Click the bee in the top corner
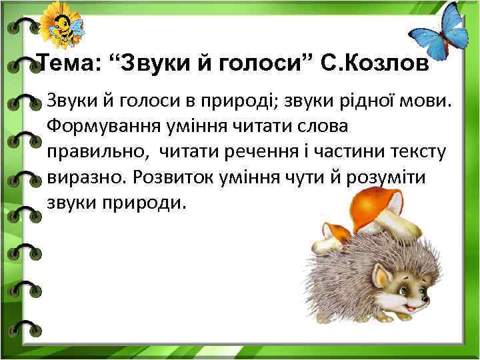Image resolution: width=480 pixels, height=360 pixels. [x=61, y=25]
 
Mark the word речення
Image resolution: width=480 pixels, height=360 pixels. [x=253, y=153]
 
